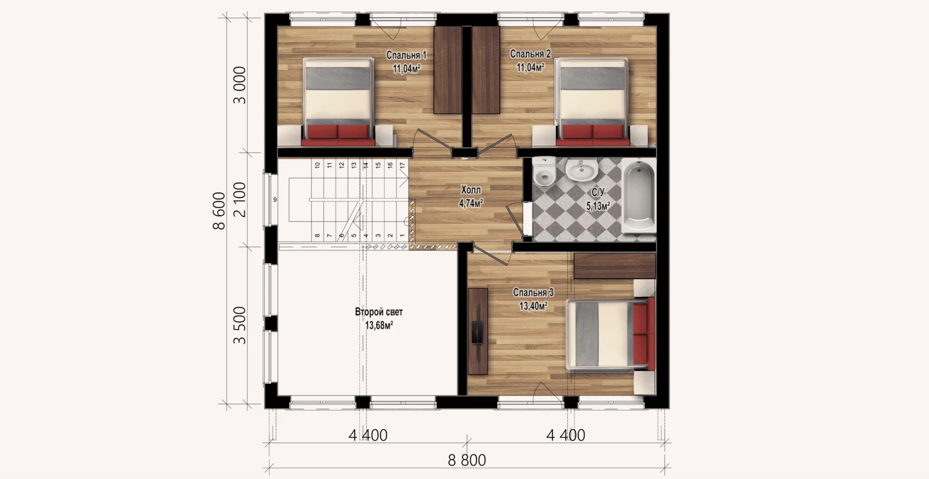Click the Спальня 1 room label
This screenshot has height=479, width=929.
[x=406, y=55]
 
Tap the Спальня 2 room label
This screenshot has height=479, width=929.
[x=530, y=54]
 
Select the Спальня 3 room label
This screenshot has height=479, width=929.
[x=533, y=293]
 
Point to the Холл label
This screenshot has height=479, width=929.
[x=471, y=190]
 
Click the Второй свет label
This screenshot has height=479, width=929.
[x=379, y=312]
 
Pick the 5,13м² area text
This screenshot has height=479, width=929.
[x=598, y=206]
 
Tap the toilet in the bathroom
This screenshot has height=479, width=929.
[x=544, y=171]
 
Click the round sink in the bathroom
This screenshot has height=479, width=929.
[x=582, y=169]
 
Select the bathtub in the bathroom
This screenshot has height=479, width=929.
[x=639, y=196]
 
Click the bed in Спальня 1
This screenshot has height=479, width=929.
[x=337, y=102]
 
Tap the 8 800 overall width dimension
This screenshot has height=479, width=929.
[x=467, y=460]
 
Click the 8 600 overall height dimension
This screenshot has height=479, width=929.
[x=219, y=211]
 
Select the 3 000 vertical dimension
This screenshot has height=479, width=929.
[x=240, y=85]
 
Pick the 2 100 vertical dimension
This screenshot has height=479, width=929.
[x=240, y=200]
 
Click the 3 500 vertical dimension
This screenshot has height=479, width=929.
[x=240, y=326]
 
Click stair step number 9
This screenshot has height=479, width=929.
[x=275, y=200]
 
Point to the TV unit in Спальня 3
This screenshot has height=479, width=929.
[x=478, y=331]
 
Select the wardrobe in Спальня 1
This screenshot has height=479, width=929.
[x=448, y=70]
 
